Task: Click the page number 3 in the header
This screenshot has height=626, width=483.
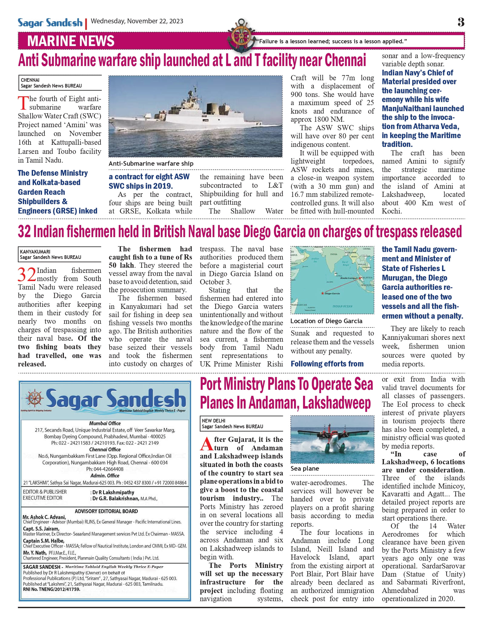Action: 461,22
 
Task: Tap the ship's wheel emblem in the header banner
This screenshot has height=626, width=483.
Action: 241,35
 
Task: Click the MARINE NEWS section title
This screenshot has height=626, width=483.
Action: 71,41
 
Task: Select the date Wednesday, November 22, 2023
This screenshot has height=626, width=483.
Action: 137,21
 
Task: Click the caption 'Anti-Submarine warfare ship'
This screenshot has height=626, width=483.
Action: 151,164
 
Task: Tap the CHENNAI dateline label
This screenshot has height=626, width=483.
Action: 30,80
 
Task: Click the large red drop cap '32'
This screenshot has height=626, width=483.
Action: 27,275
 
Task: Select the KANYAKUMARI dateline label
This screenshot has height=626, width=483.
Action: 35,252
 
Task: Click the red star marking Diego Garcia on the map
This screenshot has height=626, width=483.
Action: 322,293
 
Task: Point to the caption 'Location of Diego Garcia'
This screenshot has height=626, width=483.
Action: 326,321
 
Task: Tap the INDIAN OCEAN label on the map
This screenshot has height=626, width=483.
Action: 342,306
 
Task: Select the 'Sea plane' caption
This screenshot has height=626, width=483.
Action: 305,469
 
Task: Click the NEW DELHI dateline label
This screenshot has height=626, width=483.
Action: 213,421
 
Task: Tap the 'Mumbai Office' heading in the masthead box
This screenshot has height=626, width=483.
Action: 105,423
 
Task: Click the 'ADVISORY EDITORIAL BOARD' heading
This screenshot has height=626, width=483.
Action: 106,511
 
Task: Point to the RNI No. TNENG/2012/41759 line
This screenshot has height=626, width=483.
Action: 51,589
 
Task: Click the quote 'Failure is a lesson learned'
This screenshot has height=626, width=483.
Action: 332,41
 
